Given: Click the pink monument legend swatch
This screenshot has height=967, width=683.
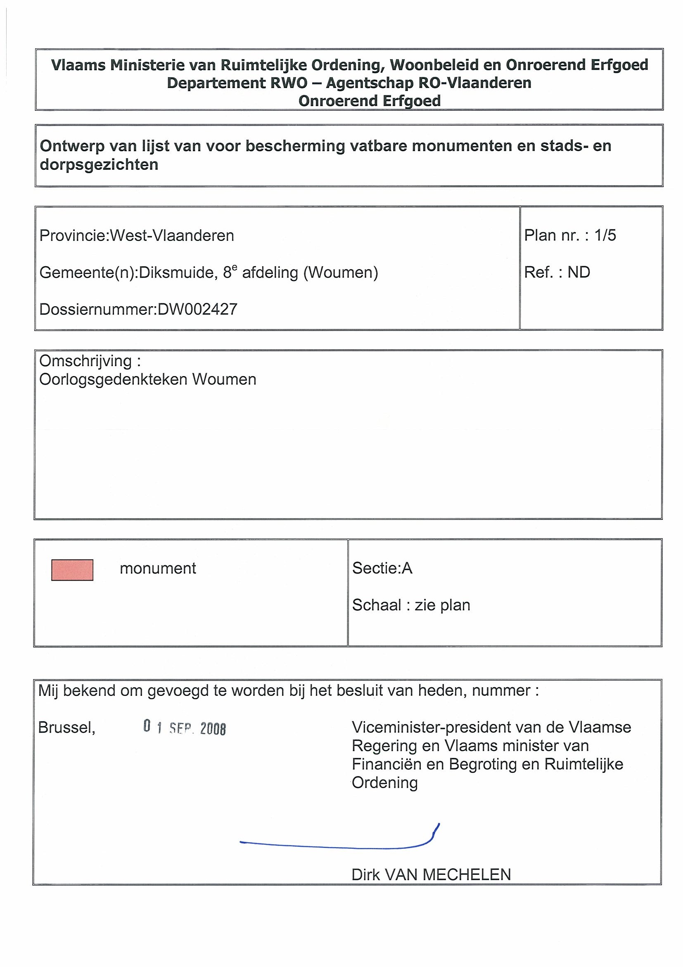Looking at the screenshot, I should (72, 570).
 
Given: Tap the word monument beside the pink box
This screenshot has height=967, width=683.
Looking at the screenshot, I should (158, 569).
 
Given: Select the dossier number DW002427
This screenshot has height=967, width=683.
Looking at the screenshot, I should (197, 310).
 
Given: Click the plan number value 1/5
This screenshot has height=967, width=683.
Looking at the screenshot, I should (605, 236).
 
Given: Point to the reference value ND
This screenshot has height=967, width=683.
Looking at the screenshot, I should (579, 272).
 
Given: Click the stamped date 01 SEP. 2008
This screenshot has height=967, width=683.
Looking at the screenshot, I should (184, 727).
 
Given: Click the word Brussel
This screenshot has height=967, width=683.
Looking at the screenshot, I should (67, 728).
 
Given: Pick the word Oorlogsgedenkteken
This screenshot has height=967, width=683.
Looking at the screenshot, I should (113, 379).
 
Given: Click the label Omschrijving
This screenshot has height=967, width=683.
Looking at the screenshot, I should (86, 361).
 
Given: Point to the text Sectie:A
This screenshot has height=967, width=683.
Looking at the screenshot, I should (382, 569).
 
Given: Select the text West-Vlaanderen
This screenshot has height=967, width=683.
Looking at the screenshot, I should (172, 236).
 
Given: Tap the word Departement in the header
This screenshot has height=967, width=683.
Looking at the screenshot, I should (216, 83).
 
